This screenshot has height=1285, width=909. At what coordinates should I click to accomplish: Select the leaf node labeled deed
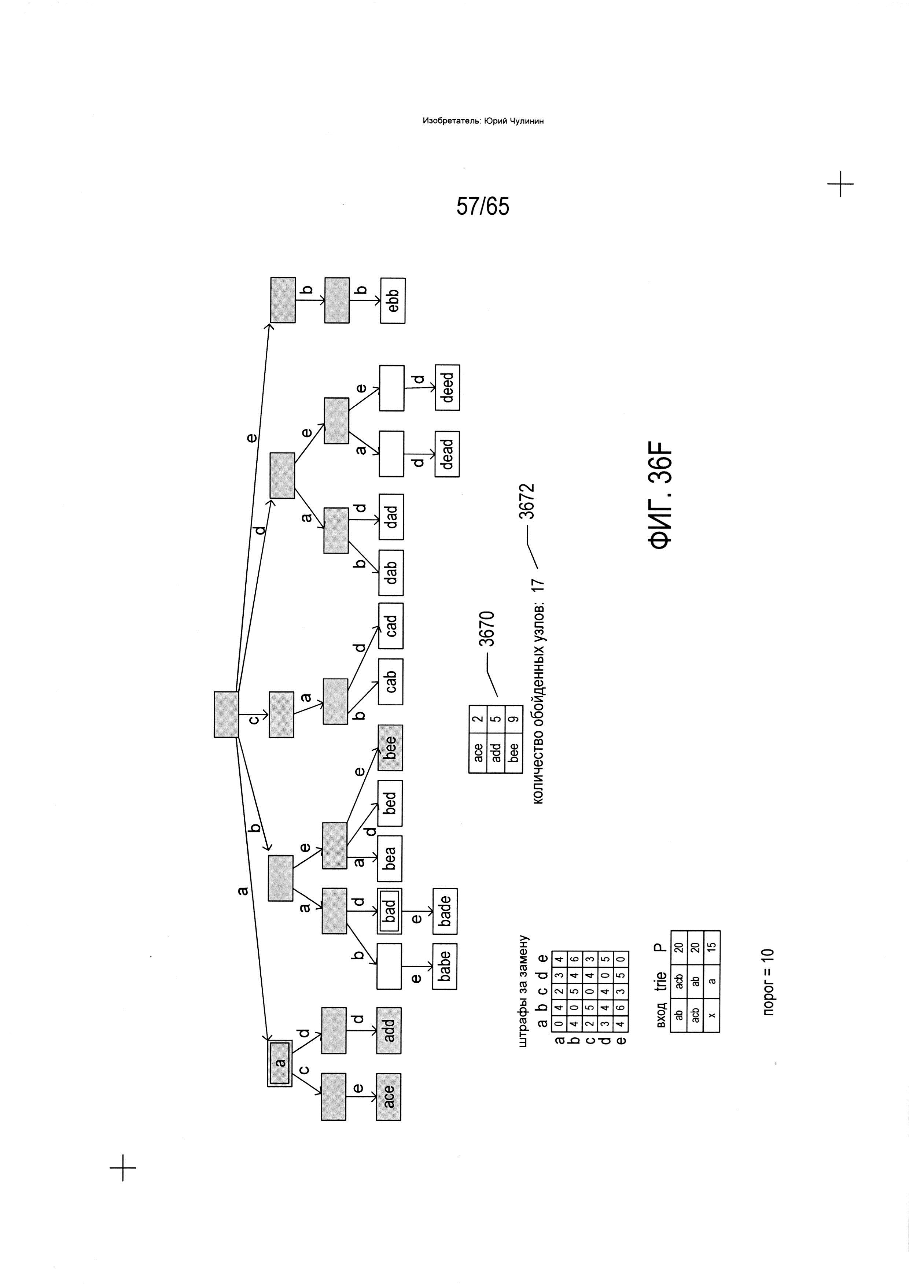tap(447, 387)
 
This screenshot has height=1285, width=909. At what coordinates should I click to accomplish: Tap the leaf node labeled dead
tap(447, 454)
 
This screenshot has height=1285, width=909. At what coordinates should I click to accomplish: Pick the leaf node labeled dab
tap(391, 573)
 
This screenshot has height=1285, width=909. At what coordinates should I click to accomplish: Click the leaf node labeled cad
tap(391, 626)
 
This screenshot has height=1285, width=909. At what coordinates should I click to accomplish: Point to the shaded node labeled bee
tap(390, 748)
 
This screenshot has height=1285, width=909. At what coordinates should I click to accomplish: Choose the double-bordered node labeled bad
tap(390, 911)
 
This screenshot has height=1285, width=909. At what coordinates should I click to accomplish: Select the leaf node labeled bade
tap(445, 911)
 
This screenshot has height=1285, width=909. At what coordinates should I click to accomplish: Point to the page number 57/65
tap(483, 207)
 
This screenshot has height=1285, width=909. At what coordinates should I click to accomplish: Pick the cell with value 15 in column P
tap(712, 946)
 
